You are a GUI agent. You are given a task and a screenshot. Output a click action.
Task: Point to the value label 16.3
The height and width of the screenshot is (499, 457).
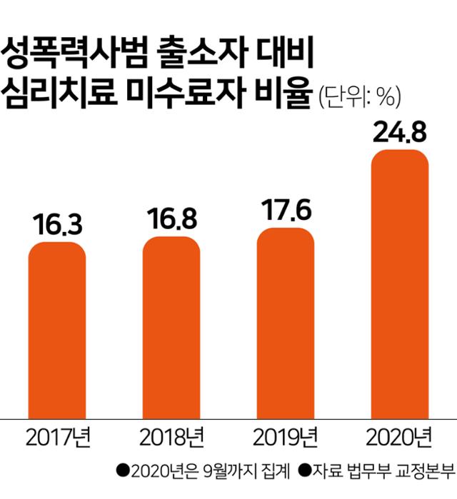57,224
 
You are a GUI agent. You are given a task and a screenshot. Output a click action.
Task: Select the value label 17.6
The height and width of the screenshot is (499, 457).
286,212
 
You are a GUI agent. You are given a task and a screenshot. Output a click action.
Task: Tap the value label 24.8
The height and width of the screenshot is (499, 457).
400,133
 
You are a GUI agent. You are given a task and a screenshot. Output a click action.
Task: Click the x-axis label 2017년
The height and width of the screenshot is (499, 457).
57,436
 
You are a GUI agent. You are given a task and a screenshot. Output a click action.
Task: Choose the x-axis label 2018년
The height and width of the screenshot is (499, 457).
171,436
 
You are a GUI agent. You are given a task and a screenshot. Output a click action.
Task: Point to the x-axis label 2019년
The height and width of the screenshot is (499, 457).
286,436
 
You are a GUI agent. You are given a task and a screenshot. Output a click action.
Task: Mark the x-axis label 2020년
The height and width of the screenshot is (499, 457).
400,436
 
